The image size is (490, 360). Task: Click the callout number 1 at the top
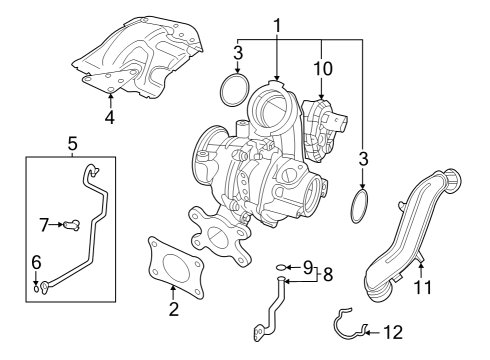tap(277, 26)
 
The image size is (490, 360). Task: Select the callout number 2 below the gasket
tap(174, 309)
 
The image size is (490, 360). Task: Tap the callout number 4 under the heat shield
tap(110, 117)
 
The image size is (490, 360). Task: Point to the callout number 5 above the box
tap(72, 144)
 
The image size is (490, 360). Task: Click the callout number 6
tap(36, 262)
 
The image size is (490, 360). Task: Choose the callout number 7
tap(44, 225)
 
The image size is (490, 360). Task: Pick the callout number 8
tap(328, 275)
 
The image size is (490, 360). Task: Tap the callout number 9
tap(308, 267)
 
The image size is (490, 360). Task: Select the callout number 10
tap(323, 68)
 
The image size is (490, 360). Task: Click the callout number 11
tap(423, 287)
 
